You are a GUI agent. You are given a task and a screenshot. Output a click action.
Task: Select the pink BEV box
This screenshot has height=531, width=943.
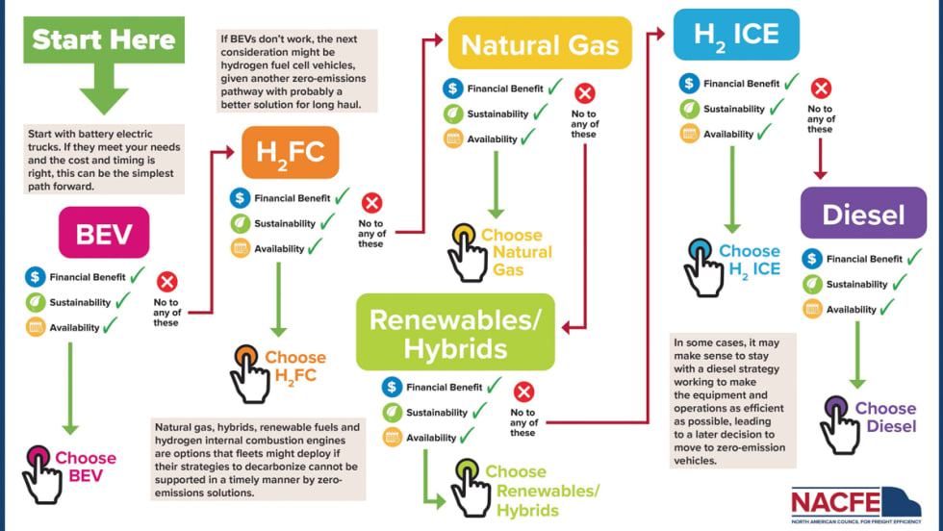tap(104, 232)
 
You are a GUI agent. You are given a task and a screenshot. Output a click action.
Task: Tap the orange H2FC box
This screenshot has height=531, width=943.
tap(290, 152)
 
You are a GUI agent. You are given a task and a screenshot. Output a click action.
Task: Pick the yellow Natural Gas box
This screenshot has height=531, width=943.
tap(540, 43)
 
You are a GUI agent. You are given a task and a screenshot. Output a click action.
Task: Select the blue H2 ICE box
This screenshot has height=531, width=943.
tap(735, 35)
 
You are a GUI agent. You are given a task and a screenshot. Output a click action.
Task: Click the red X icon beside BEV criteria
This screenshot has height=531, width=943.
tap(166, 282)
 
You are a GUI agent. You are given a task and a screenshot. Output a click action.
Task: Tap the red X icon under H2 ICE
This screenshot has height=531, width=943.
tap(820, 89)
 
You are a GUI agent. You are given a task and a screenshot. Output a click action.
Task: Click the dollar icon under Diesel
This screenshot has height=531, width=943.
tap(811, 259)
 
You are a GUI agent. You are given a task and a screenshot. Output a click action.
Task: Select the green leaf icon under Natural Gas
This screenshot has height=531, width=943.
tap(452, 114)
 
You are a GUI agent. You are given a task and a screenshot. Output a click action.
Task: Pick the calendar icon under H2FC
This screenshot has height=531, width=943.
tap(240, 248)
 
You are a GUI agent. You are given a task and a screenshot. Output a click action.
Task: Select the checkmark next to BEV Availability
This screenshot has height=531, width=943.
tap(112, 326)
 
